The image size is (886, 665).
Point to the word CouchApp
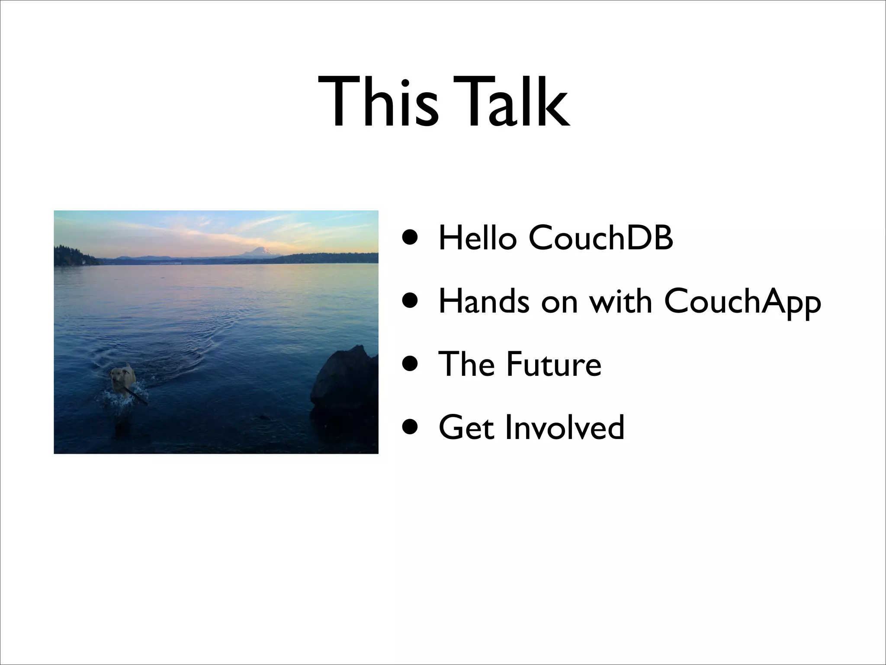[x=742, y=302]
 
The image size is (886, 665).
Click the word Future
[x=554, y=364]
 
